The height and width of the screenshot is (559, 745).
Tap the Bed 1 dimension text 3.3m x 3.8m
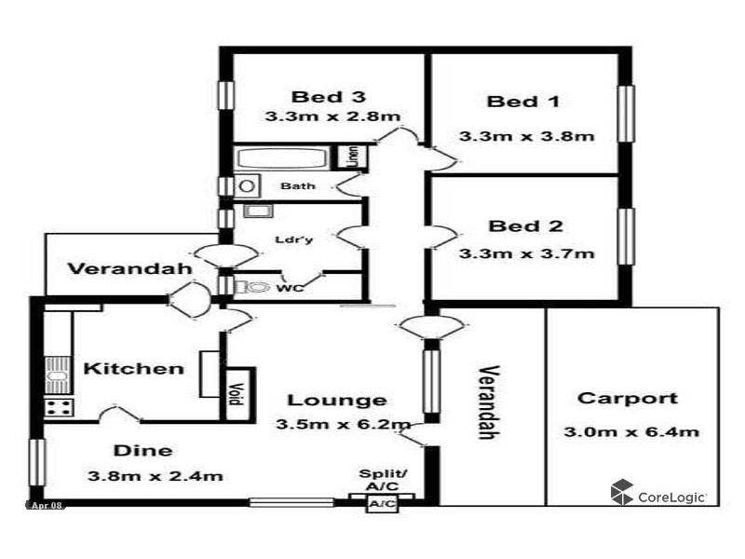(526, 136)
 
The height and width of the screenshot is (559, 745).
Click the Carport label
(628, 399)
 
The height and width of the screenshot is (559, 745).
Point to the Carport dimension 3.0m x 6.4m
(631, 431)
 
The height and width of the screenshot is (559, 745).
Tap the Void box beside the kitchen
(237, 396)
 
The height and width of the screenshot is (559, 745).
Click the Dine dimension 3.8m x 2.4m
(155, 476)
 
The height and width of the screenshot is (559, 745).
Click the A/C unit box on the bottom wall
(382, 504)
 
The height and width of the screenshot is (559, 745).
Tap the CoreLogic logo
(657, 493)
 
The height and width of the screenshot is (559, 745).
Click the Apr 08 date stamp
(47, 505)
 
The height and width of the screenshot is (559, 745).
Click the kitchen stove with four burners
(59, 406)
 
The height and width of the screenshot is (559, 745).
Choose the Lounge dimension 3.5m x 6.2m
(344, 426)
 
